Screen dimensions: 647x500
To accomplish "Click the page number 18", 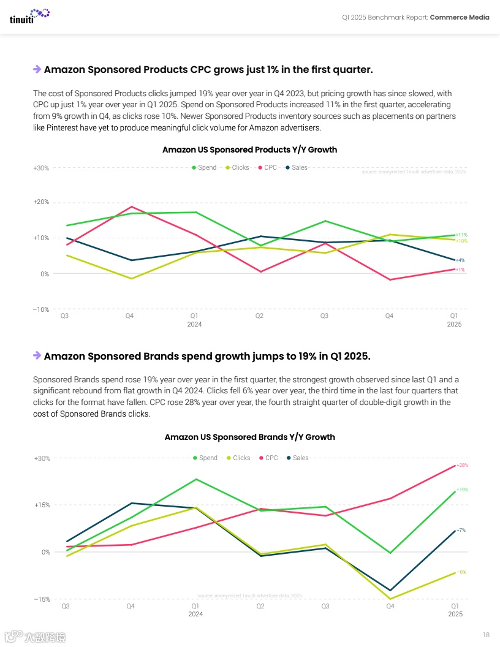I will pos(486,634).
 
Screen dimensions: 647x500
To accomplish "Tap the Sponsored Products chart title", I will pos(249,149).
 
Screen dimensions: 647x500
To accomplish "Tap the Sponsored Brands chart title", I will pos(249,437).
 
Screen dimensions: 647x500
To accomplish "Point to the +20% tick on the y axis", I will pos(41,202).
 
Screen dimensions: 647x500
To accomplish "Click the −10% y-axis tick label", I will pos(41,309).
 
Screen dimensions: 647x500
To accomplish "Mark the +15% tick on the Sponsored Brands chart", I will pos(41,505).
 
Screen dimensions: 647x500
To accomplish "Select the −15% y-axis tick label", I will pos(41,599).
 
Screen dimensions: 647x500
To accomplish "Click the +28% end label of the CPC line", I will pos(462,465).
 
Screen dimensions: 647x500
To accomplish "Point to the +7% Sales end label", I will pos(460,530).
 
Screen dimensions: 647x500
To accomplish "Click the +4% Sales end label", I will pos(460,260).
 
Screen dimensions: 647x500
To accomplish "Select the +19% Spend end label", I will pos(462,490).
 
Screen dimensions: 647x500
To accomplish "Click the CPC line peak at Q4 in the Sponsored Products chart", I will pos(130,206).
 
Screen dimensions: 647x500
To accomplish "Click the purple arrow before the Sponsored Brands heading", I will pos(37,355).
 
